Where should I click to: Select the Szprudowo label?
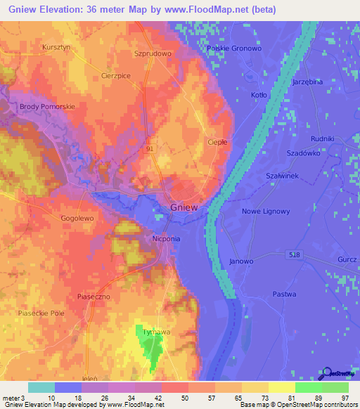(x=153, y=53)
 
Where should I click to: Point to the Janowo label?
(x=240, y=261)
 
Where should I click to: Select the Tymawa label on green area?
(x=148, y=331)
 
